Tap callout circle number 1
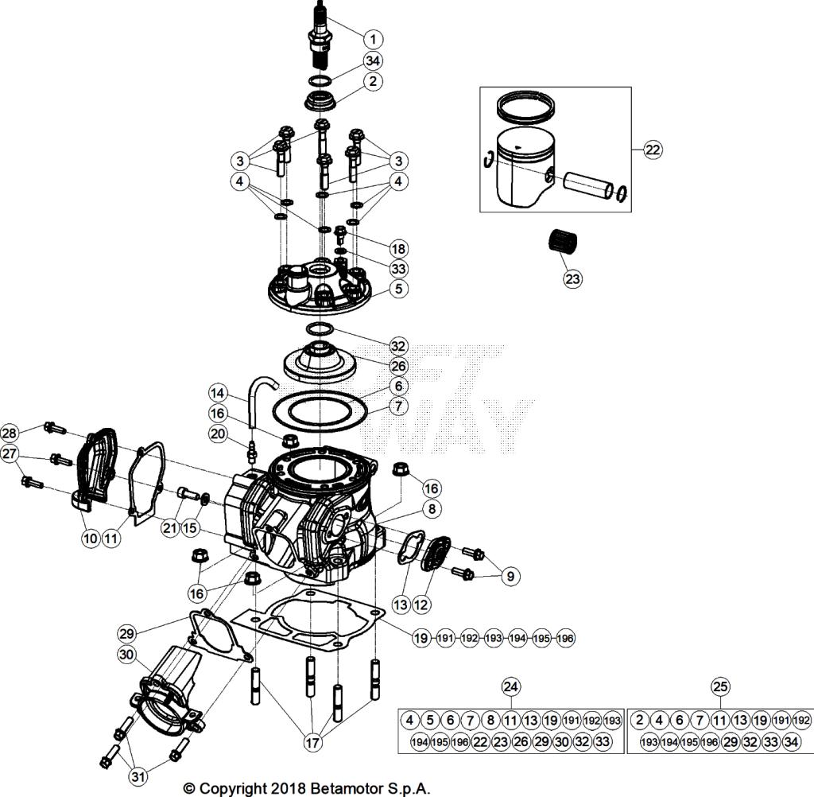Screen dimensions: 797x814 click(x=373, y=37)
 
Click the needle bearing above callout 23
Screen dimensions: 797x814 click(x=563, y=241)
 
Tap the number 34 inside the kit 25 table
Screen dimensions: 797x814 click(x=791, y=742)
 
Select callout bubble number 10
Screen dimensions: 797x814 click(x=90, y=538)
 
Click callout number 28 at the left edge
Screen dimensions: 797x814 click(x=10, y=432)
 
